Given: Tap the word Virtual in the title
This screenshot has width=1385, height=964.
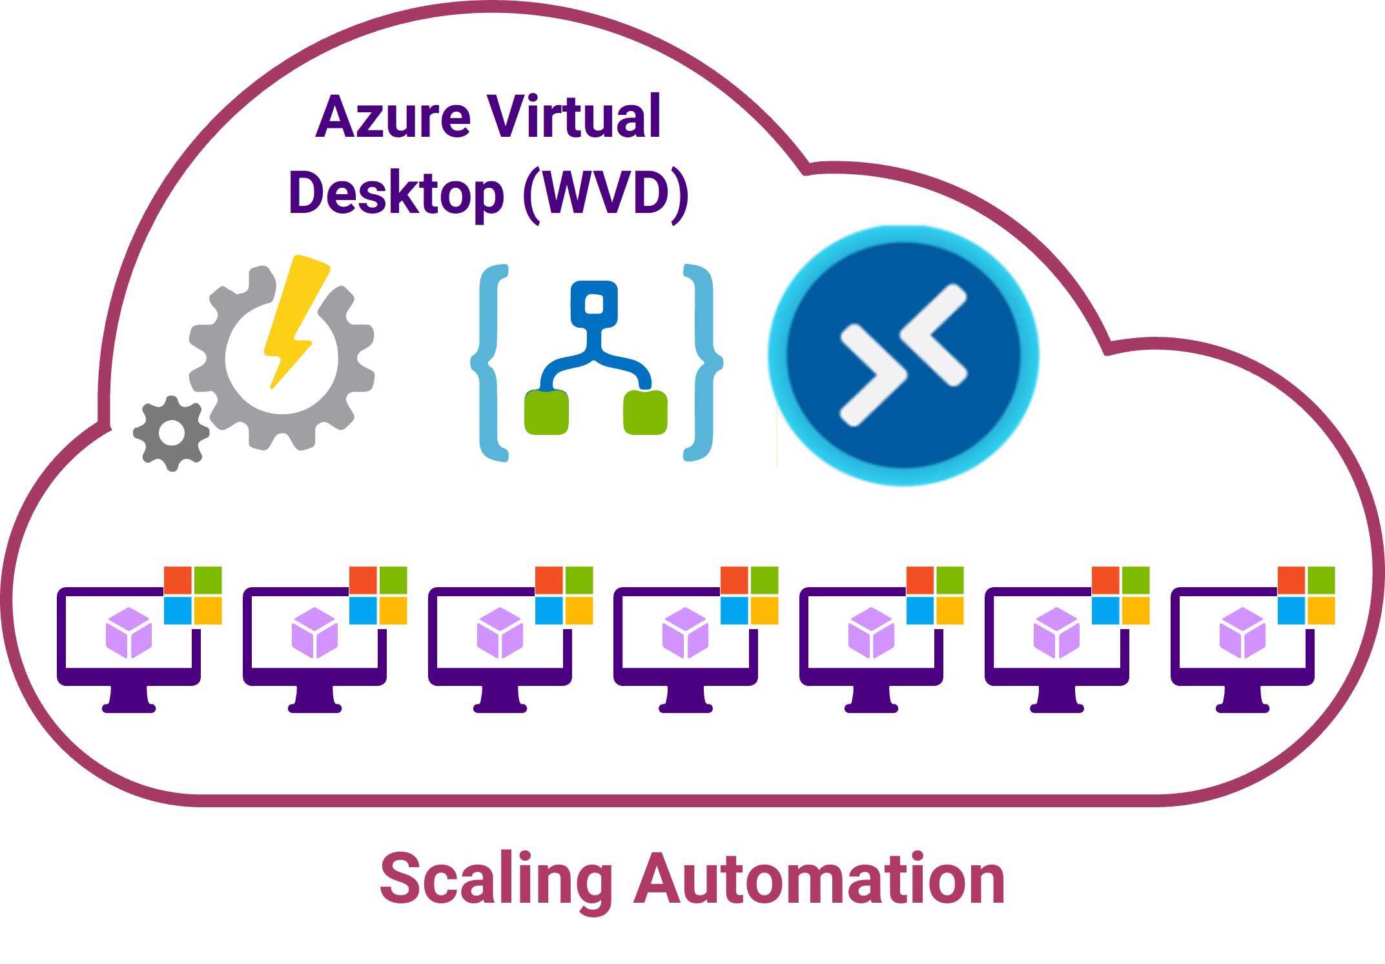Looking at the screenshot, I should point(574,117).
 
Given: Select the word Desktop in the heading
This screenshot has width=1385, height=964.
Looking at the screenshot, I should point(396,193).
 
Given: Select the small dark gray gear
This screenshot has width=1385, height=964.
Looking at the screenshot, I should point(171,433).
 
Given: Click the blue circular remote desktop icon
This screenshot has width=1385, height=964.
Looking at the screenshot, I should point(903,356).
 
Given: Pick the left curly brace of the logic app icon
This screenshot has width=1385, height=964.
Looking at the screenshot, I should point(489,362).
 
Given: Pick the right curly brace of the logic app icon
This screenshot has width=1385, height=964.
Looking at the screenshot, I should point(703,362).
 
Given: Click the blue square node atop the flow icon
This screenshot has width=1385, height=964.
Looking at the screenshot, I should point(594,303).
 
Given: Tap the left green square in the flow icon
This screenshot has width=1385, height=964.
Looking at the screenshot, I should point(546,412).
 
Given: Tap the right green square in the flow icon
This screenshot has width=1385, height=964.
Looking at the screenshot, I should point(645,412).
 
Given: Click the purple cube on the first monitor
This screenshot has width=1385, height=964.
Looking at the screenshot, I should point(128,633).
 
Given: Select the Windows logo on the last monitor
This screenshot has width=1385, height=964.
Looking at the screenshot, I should point(1306,595).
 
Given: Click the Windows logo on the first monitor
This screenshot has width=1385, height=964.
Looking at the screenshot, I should point(192,595).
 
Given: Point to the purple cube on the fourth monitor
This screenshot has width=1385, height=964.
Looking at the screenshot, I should point(685,633).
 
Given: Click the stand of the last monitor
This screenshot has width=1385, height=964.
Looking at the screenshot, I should point(1242,698).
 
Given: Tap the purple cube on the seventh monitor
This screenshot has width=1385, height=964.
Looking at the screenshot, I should point(1242,633).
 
